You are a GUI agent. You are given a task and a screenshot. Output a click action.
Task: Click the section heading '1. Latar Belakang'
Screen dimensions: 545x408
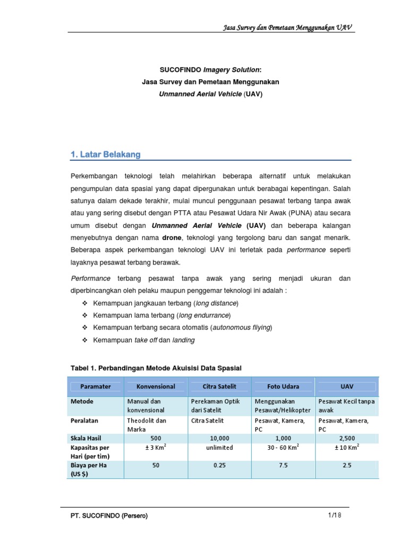click(x=105, y=154)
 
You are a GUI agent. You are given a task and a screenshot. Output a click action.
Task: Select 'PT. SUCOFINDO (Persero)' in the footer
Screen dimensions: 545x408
click(x=109, y=516)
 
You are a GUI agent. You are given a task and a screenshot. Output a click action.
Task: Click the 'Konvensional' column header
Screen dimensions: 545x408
click(x=156, y=386)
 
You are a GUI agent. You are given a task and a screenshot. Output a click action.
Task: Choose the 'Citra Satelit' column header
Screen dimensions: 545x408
click(x=219, y=386)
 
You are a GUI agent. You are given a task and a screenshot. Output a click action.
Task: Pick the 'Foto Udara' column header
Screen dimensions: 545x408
click(x=283, y=386)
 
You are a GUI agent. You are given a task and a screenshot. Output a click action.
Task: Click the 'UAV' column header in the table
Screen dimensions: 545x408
click(x=347, y=386)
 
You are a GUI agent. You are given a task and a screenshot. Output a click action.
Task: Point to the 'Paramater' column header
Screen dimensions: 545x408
click(x=96, y=386)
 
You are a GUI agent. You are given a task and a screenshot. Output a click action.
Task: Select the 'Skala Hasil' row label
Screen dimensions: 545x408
click(x=86, y=437)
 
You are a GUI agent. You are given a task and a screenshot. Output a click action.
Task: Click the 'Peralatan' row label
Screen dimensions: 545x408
click(x=84, y=420)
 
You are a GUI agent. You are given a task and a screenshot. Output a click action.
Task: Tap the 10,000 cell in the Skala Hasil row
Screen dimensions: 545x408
click(x=219, y=437)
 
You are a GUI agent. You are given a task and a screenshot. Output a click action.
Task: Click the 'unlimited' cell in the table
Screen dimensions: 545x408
click(x=219, y=448)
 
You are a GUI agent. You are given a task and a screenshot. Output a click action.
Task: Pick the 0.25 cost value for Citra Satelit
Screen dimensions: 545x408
click(x=219, y=465)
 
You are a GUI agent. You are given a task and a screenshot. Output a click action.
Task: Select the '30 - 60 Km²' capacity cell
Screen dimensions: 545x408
click(x=283, y=448)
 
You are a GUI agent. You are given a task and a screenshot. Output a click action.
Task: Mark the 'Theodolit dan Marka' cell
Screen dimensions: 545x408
click(x=147, y=424)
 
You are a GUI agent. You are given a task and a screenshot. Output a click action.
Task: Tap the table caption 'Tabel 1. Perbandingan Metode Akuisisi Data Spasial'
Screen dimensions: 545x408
click(x=156, y=368)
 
